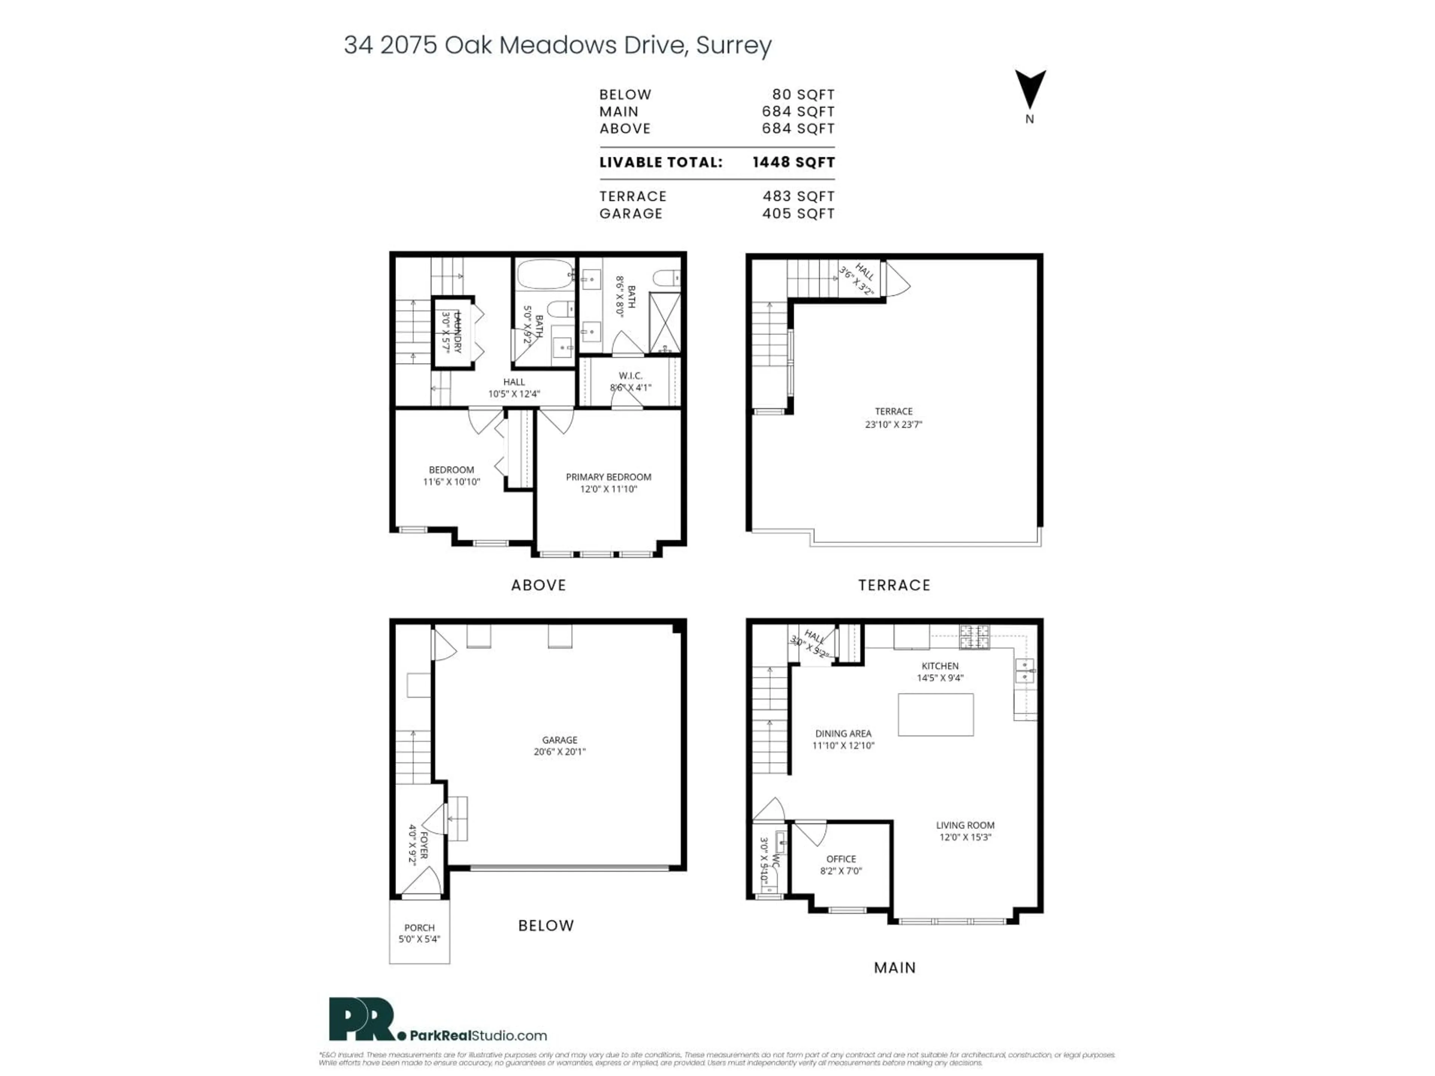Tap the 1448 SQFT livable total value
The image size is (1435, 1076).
pyautogui.click(x=793, y=162)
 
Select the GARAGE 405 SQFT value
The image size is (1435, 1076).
pyautogui.click(x=798, y=213)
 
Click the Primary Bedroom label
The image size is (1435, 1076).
pyautogui.click(x=608, y=477)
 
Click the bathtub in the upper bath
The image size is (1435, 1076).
pyautogui.click(x=545, y=274)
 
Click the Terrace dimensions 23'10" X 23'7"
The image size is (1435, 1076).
pyautogui.click(x=893, y=424)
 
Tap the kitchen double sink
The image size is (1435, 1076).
pyautogui.click(x=1024, y=671)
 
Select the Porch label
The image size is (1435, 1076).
pyautogui.click(x=419, y=927)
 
